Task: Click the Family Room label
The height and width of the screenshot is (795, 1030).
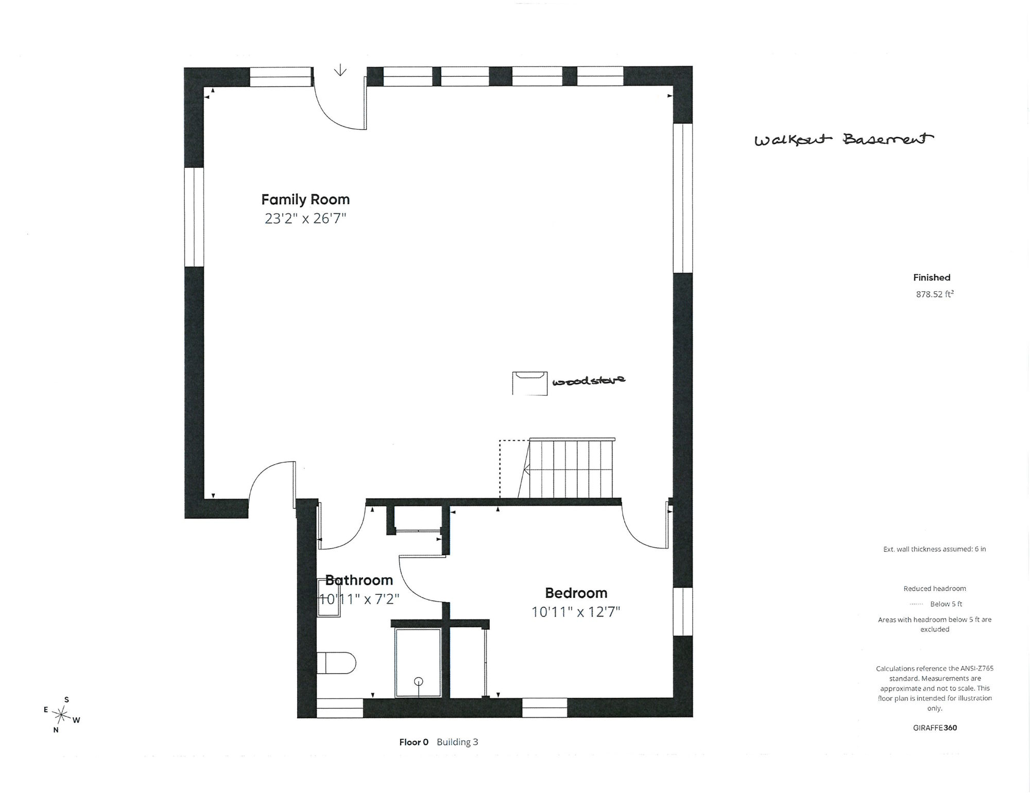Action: coord(305,200)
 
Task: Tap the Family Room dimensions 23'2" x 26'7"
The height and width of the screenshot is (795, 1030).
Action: coord(305,219)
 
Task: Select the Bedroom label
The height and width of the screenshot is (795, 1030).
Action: coord(576,593)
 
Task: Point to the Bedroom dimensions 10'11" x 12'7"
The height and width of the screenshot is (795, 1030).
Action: coord(576,612)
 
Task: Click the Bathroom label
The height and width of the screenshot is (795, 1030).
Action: coord(359,580)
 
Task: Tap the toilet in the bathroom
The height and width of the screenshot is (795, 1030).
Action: coord(336,663)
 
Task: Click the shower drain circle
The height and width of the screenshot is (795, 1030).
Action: coord(419,681)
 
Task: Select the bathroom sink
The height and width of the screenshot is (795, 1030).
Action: coord(329,597)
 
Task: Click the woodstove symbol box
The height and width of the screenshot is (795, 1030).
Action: coord(529,383)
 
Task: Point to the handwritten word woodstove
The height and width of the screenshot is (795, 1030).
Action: coord(589,381)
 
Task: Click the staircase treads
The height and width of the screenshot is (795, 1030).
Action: coord(572,468)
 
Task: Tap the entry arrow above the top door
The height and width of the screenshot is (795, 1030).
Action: coord(340,70)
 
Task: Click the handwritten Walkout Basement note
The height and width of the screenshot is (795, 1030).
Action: coord(844,139)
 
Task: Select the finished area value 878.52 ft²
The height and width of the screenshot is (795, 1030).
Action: coord(935,294)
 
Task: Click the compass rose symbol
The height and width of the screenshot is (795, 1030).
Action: coord(62,715)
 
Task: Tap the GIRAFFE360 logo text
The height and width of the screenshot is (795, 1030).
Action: coord(935,728)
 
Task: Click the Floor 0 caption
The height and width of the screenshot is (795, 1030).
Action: coord(414,742)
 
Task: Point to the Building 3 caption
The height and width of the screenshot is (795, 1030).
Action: coord(457,742)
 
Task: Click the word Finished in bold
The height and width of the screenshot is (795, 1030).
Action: coord(932,277)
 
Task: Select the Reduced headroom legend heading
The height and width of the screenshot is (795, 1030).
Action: coord(935,589)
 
